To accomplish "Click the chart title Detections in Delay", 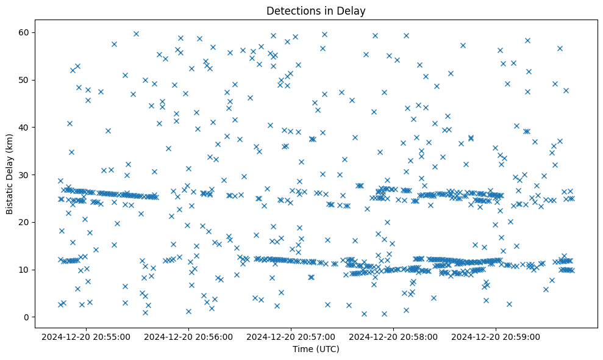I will pyautogui.click(x=316, y=10).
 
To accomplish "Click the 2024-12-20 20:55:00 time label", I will pyautogui.click(x=85, y=336).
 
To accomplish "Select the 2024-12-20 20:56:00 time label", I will pyautogui.click(x=188, y=336).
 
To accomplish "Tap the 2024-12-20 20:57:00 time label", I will pyautogui.click(x=290, y=336).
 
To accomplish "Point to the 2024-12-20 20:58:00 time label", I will pyautogui.click(x=393, y=336).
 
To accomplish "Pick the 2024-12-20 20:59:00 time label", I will pyautogui.click(x=495, y=336).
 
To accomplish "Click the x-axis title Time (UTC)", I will pyautogui.click(x=316, y=349).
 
